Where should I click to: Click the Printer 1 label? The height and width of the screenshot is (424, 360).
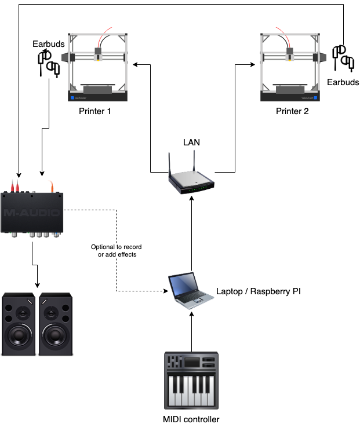pos(95,111)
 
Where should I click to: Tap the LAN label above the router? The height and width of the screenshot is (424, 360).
pos(192,142)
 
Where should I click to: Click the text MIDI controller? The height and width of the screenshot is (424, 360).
pos(192,419)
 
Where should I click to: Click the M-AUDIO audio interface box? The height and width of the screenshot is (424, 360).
pos(32,212)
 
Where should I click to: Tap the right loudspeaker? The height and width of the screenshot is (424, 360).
pos(56,325)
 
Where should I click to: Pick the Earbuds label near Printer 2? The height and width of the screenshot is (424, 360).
pos(343,83)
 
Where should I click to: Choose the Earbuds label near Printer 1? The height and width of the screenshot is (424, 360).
pos(49,44)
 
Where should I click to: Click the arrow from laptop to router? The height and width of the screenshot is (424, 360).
pos(191,232)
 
